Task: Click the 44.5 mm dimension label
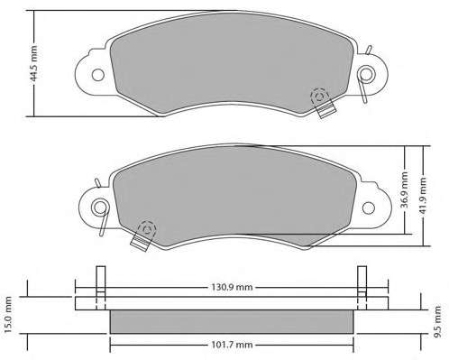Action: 34,63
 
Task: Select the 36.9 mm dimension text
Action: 405,189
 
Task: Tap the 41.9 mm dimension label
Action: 423,196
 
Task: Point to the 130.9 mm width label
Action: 232,287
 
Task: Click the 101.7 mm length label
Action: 232,345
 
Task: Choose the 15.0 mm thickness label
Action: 8,315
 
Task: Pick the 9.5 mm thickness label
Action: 437,322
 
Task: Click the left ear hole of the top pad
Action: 98,75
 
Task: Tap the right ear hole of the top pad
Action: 366,74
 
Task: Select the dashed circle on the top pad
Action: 319,97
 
